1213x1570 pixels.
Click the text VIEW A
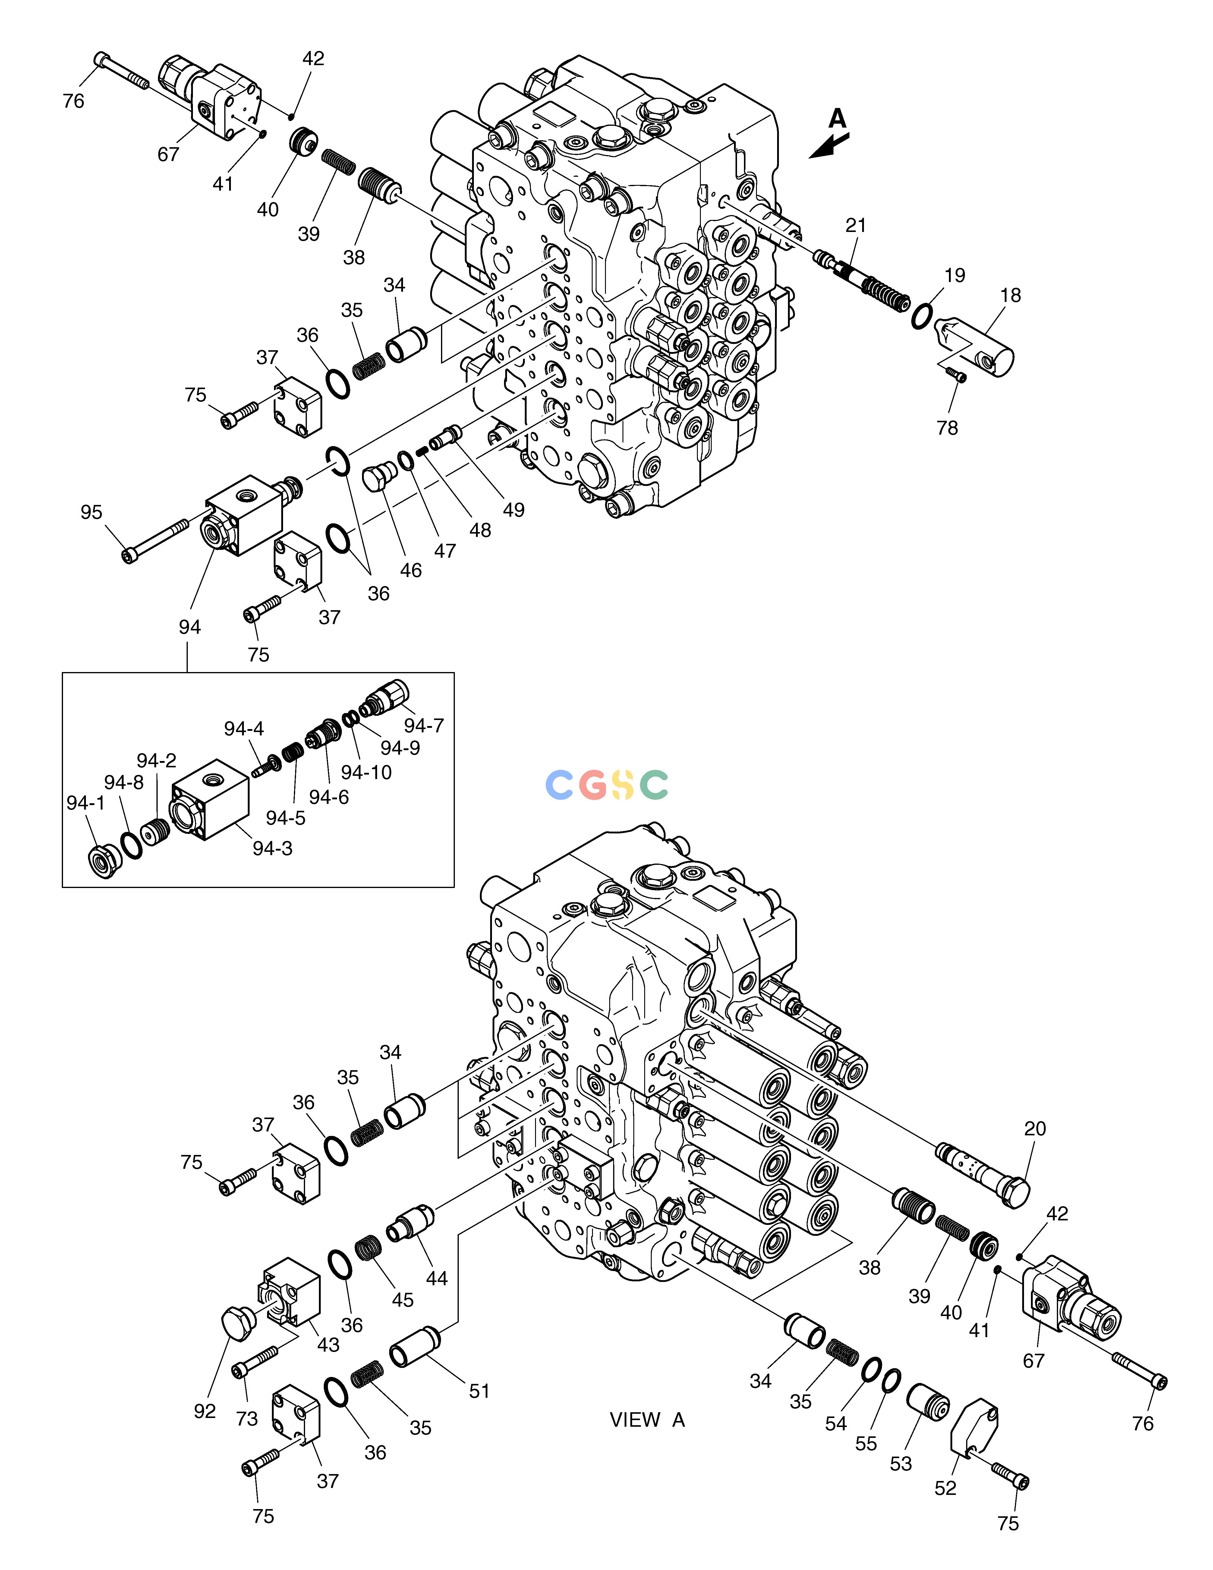(x=647, y=1420)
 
